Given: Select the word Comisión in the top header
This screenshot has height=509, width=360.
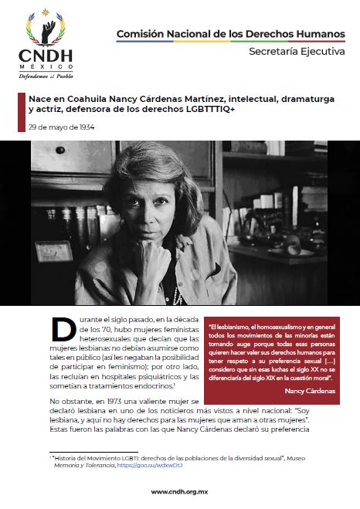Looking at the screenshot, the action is tap(139, 34).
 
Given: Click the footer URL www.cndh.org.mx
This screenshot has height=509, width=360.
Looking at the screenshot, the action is tap(180, 491).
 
